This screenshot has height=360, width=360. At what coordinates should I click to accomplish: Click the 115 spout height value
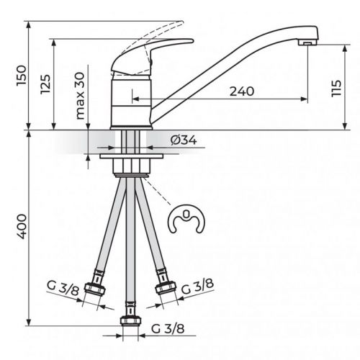[336, 89]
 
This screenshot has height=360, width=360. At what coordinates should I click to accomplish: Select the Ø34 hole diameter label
[184, 140]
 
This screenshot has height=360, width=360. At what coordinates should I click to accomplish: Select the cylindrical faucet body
[130, 104]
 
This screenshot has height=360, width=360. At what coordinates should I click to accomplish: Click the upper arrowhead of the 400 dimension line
[28, 135]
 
